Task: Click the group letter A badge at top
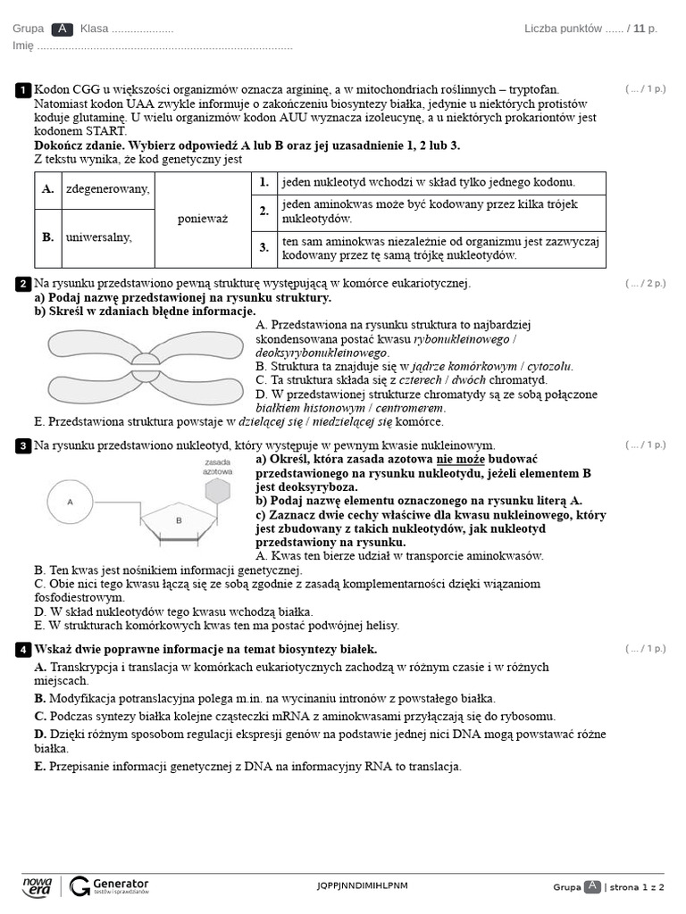click(63, 29)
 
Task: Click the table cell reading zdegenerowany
click(107, 189)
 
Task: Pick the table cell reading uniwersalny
click(98, 237)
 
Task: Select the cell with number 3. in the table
click(264, 247)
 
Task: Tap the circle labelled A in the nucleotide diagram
click(70, 503)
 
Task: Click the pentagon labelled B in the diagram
click(178, 520)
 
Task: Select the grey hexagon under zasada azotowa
click(217, 490)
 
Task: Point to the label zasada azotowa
click(217, 466)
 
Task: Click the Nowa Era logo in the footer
click(37, 885)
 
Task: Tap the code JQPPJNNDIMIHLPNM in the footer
click(362, 886)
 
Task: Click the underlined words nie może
click(461, 459)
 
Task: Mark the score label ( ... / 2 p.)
click(645, 284)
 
